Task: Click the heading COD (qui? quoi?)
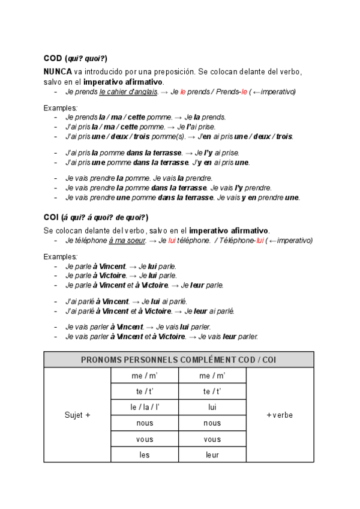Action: pos(76,58)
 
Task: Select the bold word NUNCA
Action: pos(58,71)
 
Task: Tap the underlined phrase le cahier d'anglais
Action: pos(128,92)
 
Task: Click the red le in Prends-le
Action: pos(244,92)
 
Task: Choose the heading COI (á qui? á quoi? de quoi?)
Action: pos(96,217)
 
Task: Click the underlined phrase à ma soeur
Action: pos(128,240)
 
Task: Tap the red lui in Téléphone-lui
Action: pos(260,240)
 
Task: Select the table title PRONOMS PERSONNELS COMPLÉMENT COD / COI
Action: pos(179,360)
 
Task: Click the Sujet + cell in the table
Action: pos(77,415)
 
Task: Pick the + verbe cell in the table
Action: pos(280,415)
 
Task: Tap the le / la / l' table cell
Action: pos(145,408)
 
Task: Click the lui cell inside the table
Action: pos(212,408)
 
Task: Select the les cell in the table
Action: pos(145,454)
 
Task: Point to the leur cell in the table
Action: pos(212,454)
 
